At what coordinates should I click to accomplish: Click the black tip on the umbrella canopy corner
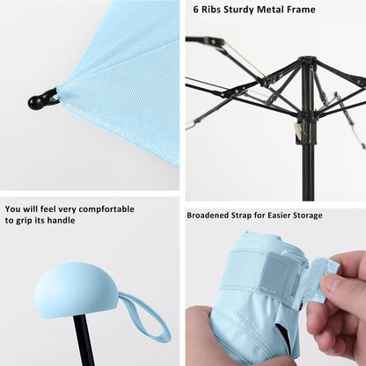click(x=40, y=99)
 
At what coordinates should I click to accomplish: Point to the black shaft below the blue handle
click(x=84, y=342)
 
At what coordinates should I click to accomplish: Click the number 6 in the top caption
click(x=195, y=10)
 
